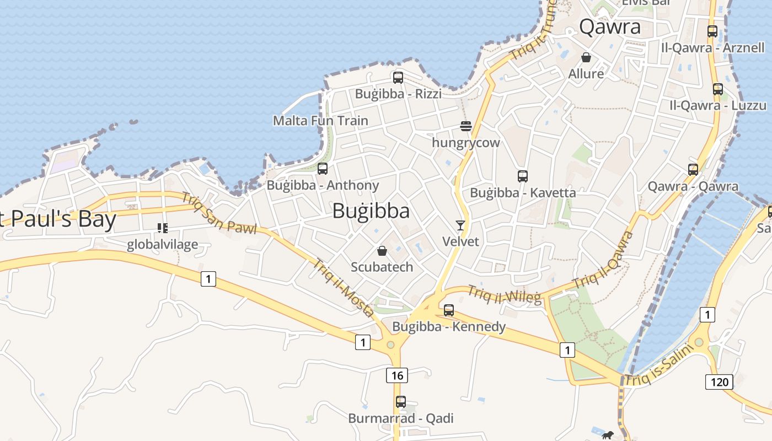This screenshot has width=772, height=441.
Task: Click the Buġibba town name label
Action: (371, 211)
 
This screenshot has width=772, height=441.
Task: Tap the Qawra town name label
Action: (610, 26)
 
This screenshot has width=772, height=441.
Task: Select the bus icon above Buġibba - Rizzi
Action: (398, 78)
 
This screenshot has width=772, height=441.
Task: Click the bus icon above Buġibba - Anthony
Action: (323, 169)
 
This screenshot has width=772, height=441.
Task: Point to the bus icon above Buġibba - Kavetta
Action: (523, 176)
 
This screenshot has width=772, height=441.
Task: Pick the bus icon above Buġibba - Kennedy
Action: (449, 310)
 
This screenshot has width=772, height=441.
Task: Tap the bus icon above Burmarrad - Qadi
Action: (401, 402)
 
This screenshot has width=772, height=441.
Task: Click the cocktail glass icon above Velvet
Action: (460, 225)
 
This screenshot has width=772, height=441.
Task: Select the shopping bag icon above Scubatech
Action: (382, 251)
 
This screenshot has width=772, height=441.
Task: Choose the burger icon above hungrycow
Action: (466, 127)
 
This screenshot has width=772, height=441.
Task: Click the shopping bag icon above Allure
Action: (586, 57)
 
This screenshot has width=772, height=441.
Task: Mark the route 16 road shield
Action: (397, 376)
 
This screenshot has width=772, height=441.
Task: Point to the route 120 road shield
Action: (719, 381)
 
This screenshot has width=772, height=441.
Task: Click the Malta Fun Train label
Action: (320, 120)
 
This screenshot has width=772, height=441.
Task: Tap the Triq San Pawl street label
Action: (219, 213)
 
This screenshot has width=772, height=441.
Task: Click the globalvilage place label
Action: (162, 244)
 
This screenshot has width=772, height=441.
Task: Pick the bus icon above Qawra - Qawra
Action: (693, 170)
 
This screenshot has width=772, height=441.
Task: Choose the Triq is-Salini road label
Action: (657, 365)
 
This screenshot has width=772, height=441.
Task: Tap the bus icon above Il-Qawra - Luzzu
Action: (718, 89)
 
